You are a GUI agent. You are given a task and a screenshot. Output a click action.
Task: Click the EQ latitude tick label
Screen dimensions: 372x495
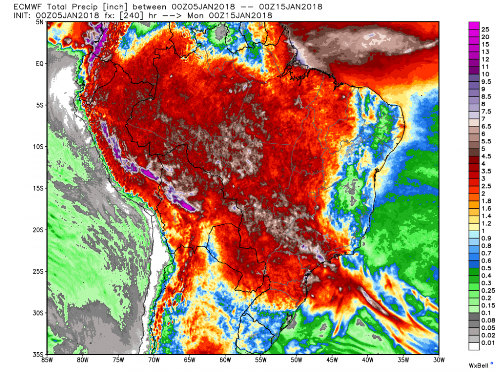point(41,63)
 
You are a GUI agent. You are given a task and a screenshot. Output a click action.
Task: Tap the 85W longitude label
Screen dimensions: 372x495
point(48,360)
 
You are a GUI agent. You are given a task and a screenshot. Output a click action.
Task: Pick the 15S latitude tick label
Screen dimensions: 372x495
point(40,188)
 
